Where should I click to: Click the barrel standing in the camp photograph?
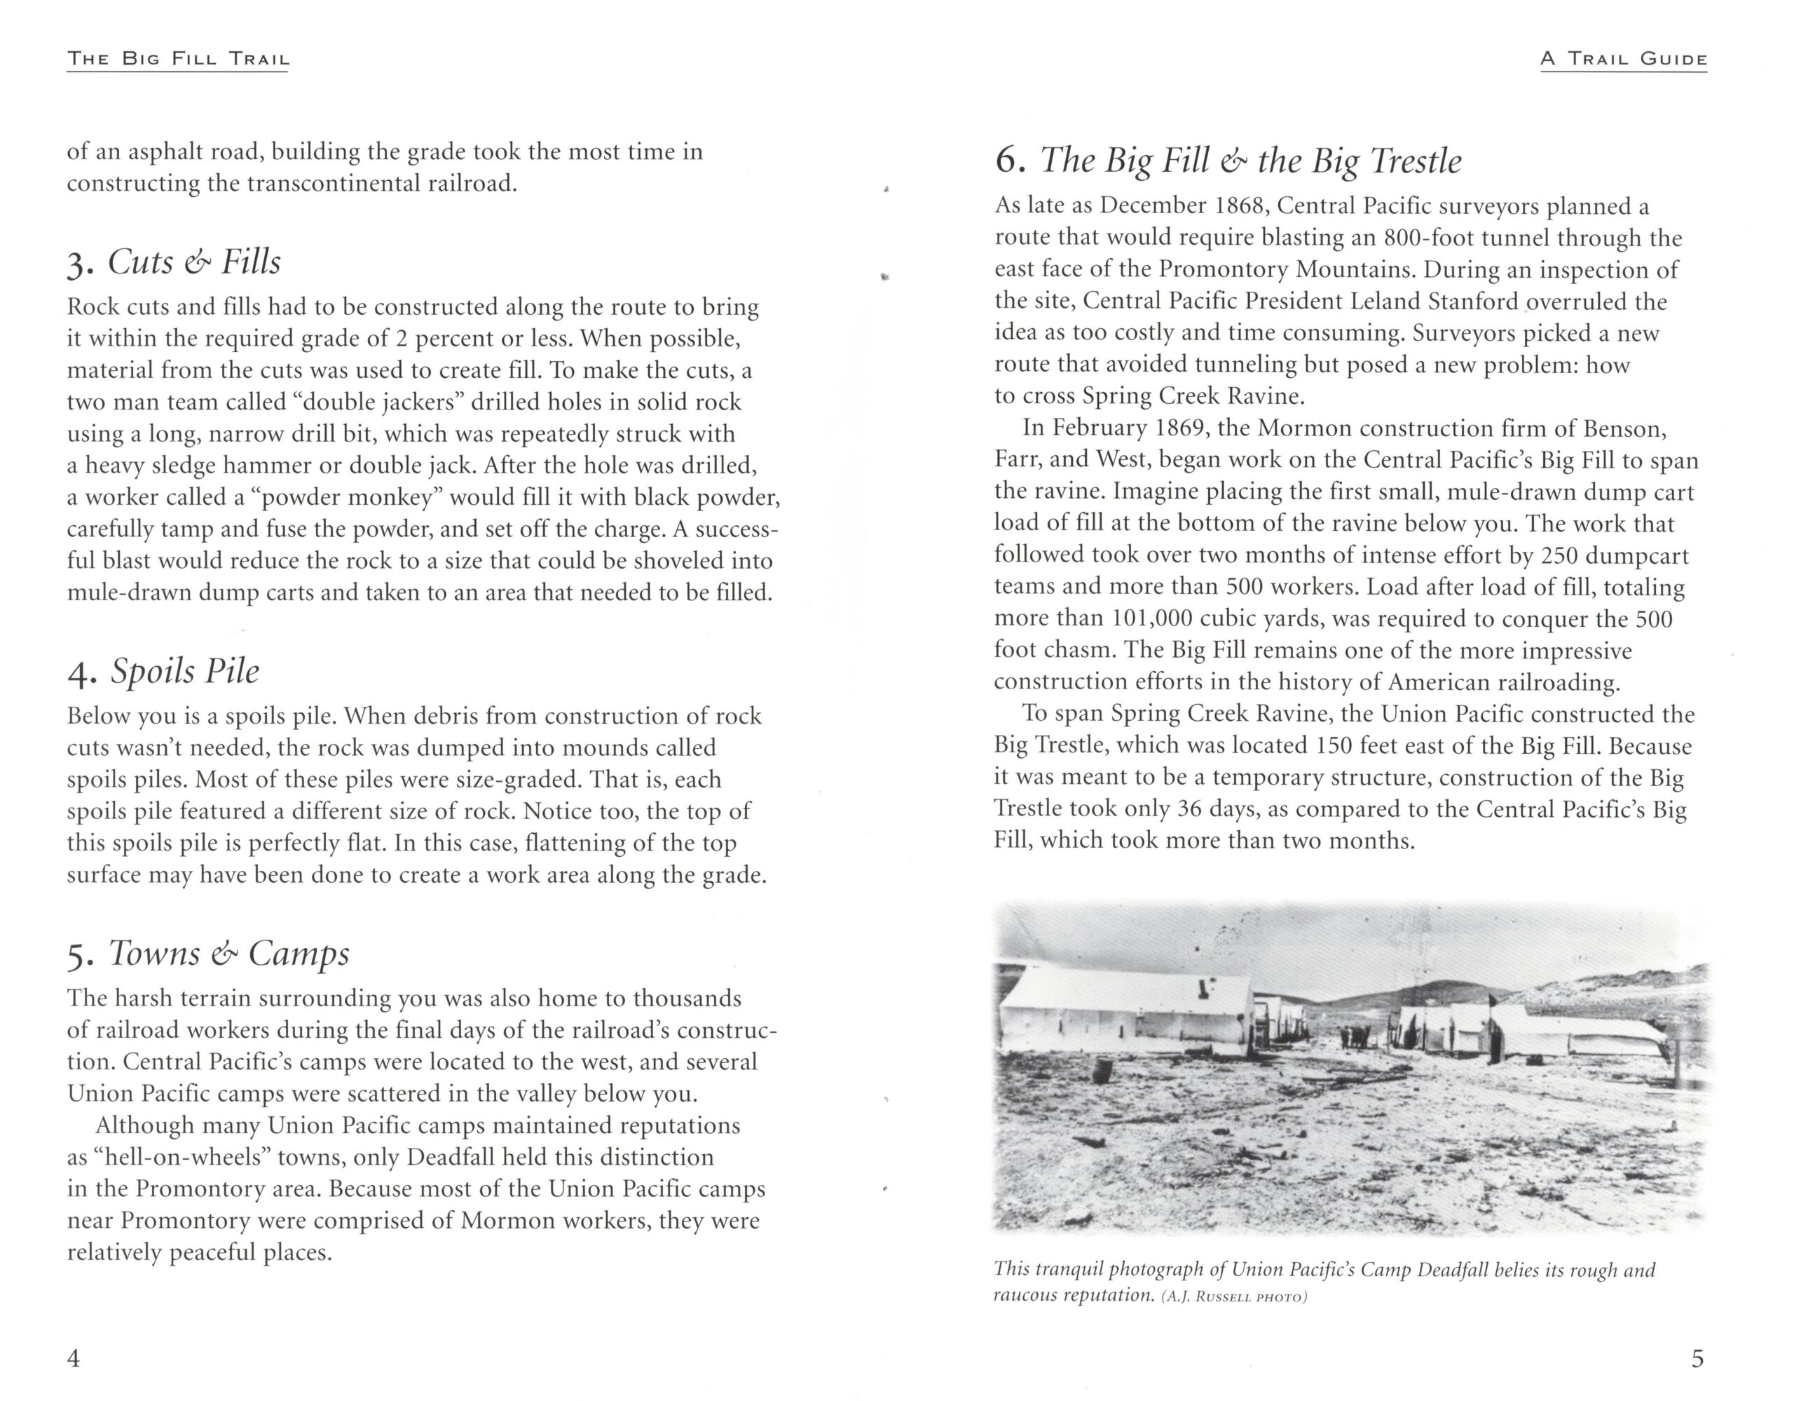pos(1101,1071)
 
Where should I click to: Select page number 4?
pos(73,1358)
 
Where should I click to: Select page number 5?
pos(1697,1358)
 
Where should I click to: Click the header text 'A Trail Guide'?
pos(1623,59)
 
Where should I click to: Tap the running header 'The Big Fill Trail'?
pos(177,59)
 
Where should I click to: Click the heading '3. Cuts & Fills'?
pos(174,262)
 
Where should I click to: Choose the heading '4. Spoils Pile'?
pos(163,671)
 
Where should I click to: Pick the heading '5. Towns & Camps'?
pos(209,953)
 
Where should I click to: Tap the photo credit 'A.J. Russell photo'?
pos(1234,1297)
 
